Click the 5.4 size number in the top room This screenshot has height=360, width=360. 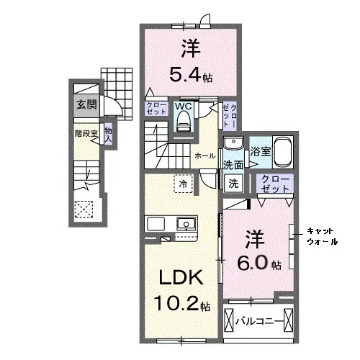(x=185, y=74)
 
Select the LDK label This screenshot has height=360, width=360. (x=181, y=278)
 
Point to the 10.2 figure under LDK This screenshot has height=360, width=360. (x=176, y=303)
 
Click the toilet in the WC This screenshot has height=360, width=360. (x=184, y=122)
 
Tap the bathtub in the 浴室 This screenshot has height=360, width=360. (x=283, y=152)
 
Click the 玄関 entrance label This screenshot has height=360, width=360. (x=86, y=104)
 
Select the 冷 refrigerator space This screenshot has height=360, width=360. (x=184, y=184)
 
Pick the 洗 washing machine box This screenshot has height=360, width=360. (x=233, y=183)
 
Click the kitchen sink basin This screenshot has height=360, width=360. (x=186, y=224)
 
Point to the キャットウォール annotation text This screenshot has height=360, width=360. (x=323, y=237)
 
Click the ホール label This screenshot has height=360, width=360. (x=204, y=156)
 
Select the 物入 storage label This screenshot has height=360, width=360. (x=108, y=135)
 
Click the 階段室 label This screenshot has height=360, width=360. (x=86, y=134)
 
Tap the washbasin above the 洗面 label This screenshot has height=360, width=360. (x=233, y=143)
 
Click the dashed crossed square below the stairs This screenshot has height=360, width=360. (x=84, y=209)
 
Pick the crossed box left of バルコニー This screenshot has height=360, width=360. (x=228, y=320)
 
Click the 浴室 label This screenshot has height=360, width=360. (x=261, y=151)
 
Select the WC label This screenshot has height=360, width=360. (x=184, y=106)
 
